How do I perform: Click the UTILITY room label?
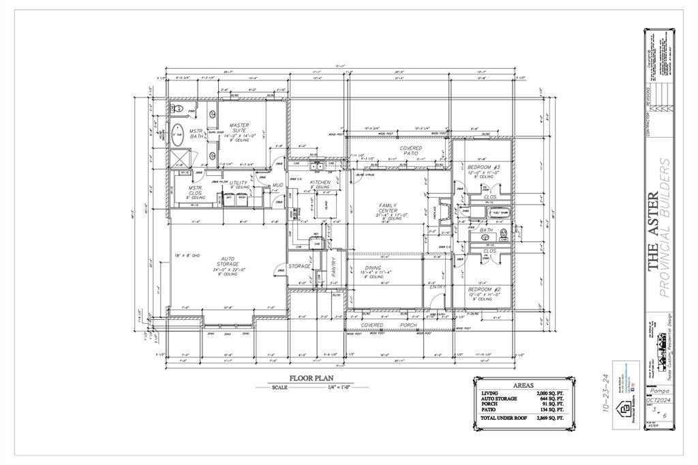[x=239, y=183]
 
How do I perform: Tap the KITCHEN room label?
[x=320, y=183]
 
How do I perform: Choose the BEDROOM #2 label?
[x=484, y=290]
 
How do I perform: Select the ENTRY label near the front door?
[x=436, y=287]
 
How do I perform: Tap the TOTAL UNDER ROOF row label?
[x=506, y=417]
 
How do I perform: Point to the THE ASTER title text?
[x=652, y=232]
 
